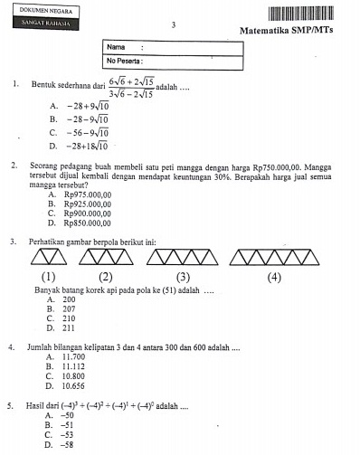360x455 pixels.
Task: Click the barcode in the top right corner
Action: (x=312, y=14)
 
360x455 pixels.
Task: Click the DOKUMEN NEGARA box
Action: (x=42, y=10)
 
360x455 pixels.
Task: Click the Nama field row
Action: (x=173, y=46)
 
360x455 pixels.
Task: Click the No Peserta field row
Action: (x=173, y=61)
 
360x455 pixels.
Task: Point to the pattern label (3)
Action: (x=184, y=277)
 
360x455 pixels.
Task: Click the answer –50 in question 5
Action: (x=65, y=415)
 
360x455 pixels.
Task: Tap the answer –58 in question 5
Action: (x=65, y=445)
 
